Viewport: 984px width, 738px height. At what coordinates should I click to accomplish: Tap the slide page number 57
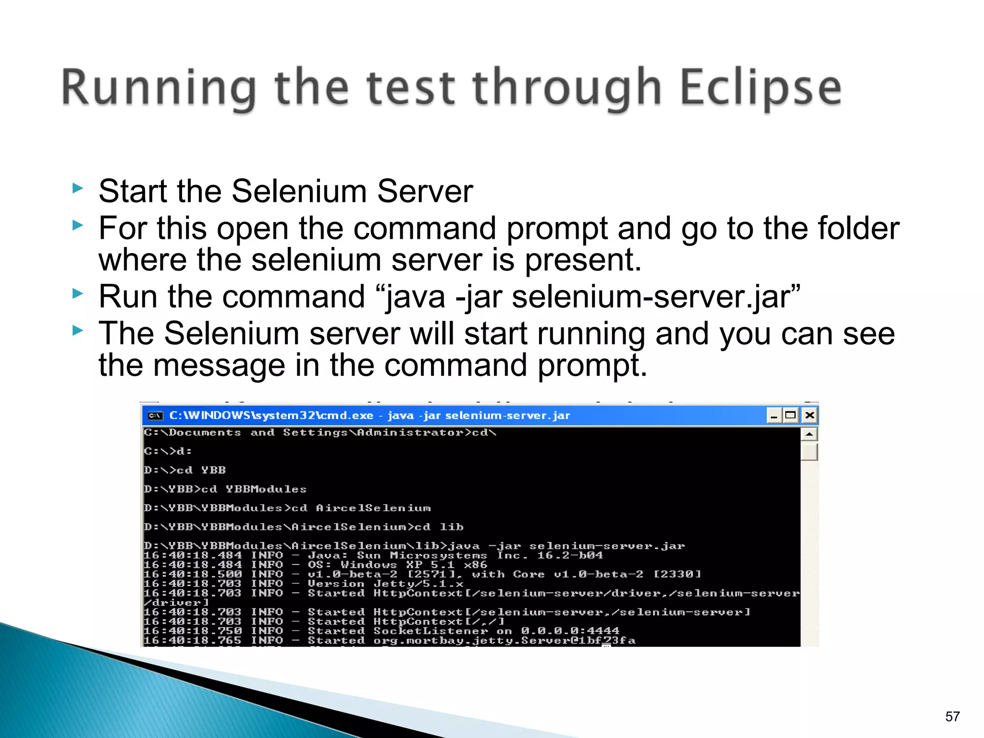[x=952, y=716]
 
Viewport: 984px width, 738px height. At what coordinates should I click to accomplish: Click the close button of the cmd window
[x=810, y=415]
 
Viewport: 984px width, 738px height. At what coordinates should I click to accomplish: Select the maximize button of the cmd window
[x=790, y=415]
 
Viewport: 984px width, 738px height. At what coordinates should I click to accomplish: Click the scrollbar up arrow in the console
[x=809, y=434]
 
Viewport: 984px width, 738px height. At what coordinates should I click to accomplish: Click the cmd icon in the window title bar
[x=155, y=416]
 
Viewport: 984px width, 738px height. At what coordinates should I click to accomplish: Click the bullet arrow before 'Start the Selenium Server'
[x=77, y=188]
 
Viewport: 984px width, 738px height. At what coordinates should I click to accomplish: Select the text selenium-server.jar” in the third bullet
[x=656, y=296]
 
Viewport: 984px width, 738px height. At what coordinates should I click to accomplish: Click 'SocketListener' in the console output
[x=430, y=631]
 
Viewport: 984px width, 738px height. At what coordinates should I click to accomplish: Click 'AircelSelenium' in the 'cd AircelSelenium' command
[x=373, y=508]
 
